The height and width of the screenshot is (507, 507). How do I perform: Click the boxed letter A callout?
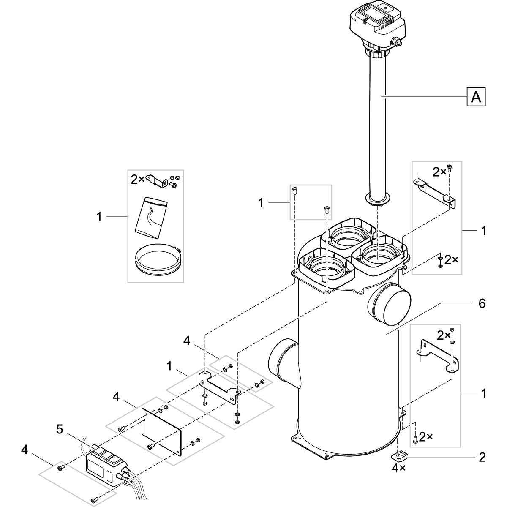(x=476, y=97)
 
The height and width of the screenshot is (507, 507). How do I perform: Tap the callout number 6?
(x=482, y=303)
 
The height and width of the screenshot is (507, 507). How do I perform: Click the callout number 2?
(x=482, y=457)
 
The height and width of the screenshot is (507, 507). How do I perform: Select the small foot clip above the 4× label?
(x=399, y=456)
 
